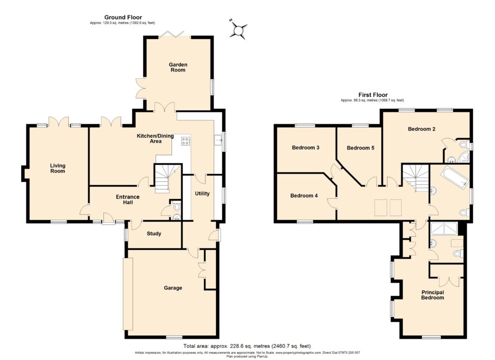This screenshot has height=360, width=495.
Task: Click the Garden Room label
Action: (178, 67)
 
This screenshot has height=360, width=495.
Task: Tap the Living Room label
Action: (58, 168)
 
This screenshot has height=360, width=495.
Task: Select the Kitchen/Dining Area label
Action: (151, 139)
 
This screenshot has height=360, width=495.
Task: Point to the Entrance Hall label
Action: (128, 200)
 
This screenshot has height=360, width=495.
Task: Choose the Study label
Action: (153, 234)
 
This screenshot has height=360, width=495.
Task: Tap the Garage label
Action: (173, 288)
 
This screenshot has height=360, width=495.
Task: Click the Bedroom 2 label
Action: (422, 129)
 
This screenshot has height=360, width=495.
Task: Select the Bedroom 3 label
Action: (306, 147)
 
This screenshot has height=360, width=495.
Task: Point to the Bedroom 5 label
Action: (361, 148)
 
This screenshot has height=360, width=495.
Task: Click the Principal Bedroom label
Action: (432, 295)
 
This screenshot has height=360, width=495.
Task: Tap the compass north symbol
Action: (238, 30)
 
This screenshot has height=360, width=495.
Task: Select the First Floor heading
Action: (373, 95)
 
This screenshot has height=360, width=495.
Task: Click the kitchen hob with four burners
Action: (185, 141)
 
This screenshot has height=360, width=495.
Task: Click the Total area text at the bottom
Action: (247, 346)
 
